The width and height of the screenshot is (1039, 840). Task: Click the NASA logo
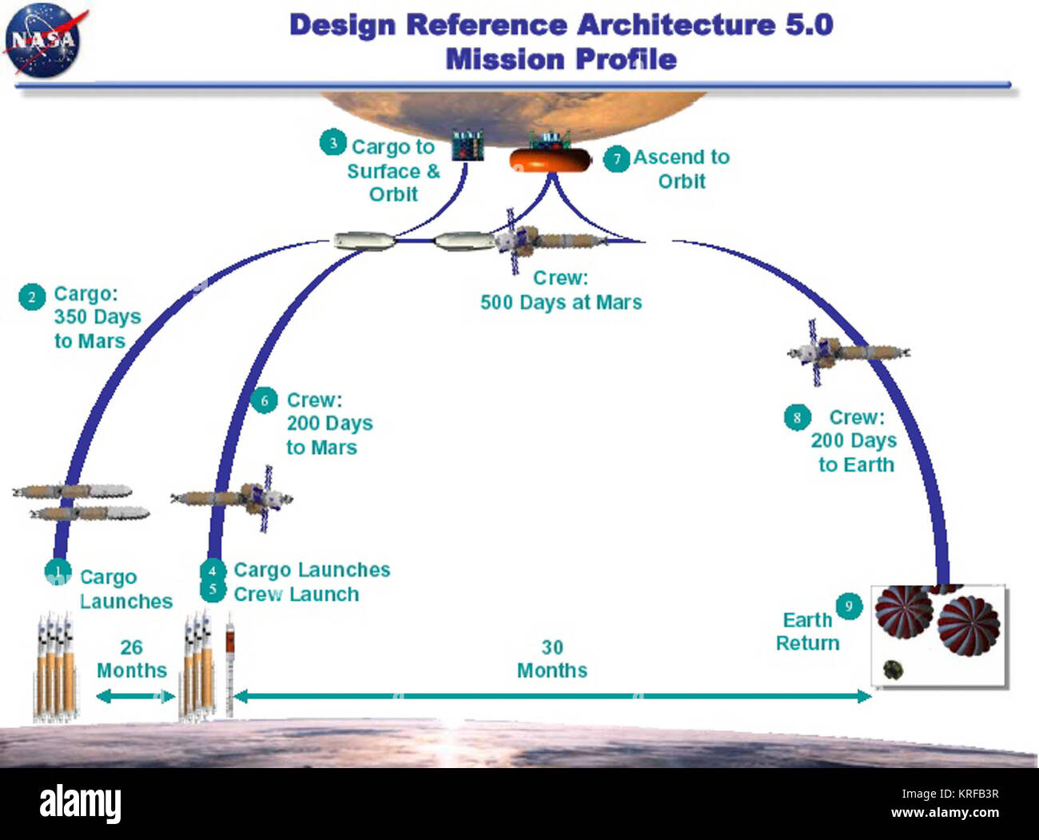coord(43,40)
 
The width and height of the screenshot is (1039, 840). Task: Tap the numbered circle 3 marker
coord(332,143)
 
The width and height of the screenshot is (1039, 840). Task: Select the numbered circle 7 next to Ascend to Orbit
coord(616,158)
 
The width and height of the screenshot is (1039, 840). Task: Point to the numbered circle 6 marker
coord(264,400)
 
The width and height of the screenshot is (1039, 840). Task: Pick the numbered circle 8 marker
coord(797,417)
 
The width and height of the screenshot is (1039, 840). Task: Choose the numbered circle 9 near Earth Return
coord(849,606)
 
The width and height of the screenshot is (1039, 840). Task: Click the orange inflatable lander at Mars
coord(550,161)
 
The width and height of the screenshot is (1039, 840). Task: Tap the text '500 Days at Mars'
coord(561,303)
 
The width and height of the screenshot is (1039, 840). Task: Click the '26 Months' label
coord(132,659)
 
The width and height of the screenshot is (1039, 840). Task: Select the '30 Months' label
coord(552,659)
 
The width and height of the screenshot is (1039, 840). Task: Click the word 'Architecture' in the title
coord(675,25)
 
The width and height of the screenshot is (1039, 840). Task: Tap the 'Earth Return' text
coord(808,631)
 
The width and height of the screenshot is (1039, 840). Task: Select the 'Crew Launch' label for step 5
coord(297,595)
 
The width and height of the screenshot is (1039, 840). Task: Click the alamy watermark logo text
coord(80,803)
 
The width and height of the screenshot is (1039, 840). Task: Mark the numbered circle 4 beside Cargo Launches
coord(213,571)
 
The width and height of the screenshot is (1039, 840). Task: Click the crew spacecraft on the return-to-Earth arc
coord(847,352)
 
